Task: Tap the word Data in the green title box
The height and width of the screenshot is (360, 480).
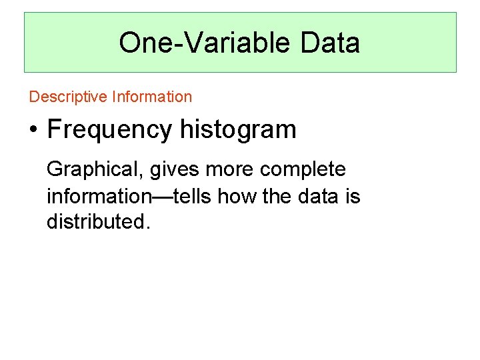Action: click(330, 43)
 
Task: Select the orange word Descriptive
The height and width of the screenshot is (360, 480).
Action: click(68, 97)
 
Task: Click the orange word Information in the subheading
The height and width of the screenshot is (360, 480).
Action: click(152, 97)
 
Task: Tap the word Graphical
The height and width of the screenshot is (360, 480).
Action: click(93, 170)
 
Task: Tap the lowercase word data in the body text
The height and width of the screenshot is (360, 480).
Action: click(316, 196)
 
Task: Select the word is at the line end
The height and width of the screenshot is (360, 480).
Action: click(352, 196)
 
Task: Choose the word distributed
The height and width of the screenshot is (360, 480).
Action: click(95, 221)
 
